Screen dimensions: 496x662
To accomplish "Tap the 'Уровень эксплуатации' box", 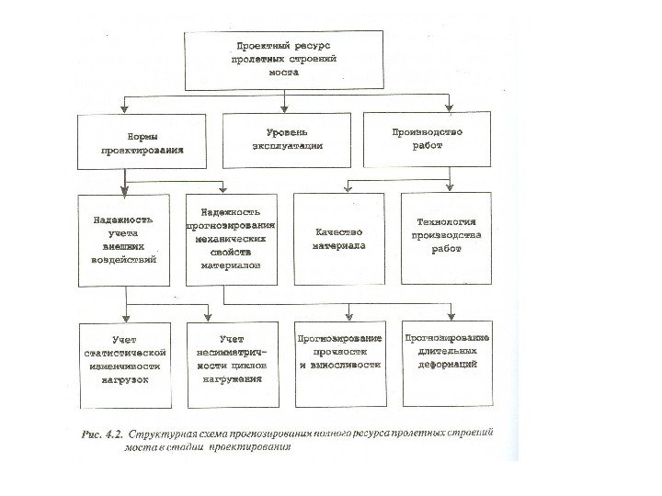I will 286,140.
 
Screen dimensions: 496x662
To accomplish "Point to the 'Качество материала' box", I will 338,239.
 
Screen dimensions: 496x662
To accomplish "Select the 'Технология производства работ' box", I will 448,237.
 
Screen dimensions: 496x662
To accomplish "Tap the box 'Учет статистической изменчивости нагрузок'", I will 126,365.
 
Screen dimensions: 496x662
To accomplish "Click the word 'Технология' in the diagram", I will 448,222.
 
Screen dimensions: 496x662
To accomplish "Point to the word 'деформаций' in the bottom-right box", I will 447,365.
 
